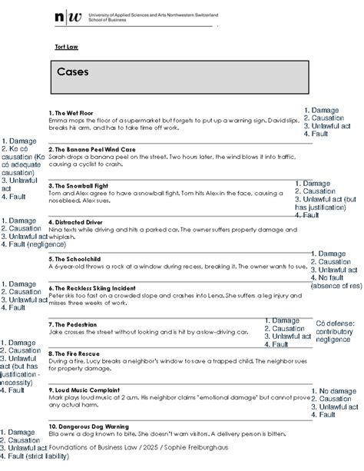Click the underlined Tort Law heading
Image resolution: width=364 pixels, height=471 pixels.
pyautogui.click(x=65, y=48)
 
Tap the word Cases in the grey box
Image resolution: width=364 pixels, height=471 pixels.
pyautogui.click(x=73, y=72)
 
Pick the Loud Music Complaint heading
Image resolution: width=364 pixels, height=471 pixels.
pyautogui.click(x=87, y=390)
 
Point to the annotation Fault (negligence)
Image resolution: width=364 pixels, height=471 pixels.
pyautogui.click(x=34, y=244)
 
